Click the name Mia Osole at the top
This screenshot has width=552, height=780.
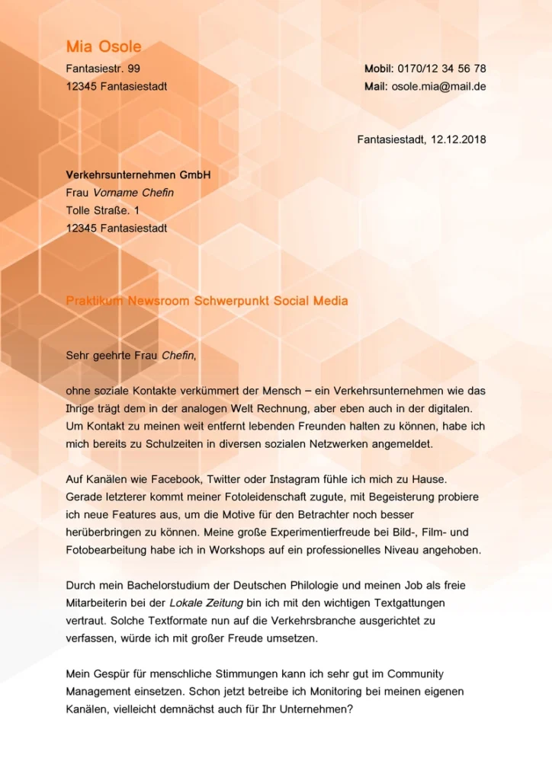[103, 47]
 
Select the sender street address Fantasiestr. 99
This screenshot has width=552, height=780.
[103, 69]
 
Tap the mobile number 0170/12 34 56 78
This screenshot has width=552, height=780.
[441, 69]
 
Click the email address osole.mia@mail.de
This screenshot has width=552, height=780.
[438, 86]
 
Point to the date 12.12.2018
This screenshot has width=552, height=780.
[458, 139]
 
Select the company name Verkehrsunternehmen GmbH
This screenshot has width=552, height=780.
[137, 175]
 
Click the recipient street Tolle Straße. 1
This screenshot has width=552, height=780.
[103, 210]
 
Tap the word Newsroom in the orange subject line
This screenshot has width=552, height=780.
[159, 301]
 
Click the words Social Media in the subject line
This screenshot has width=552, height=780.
[313, 301]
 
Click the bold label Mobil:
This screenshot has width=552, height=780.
[379, 69]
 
